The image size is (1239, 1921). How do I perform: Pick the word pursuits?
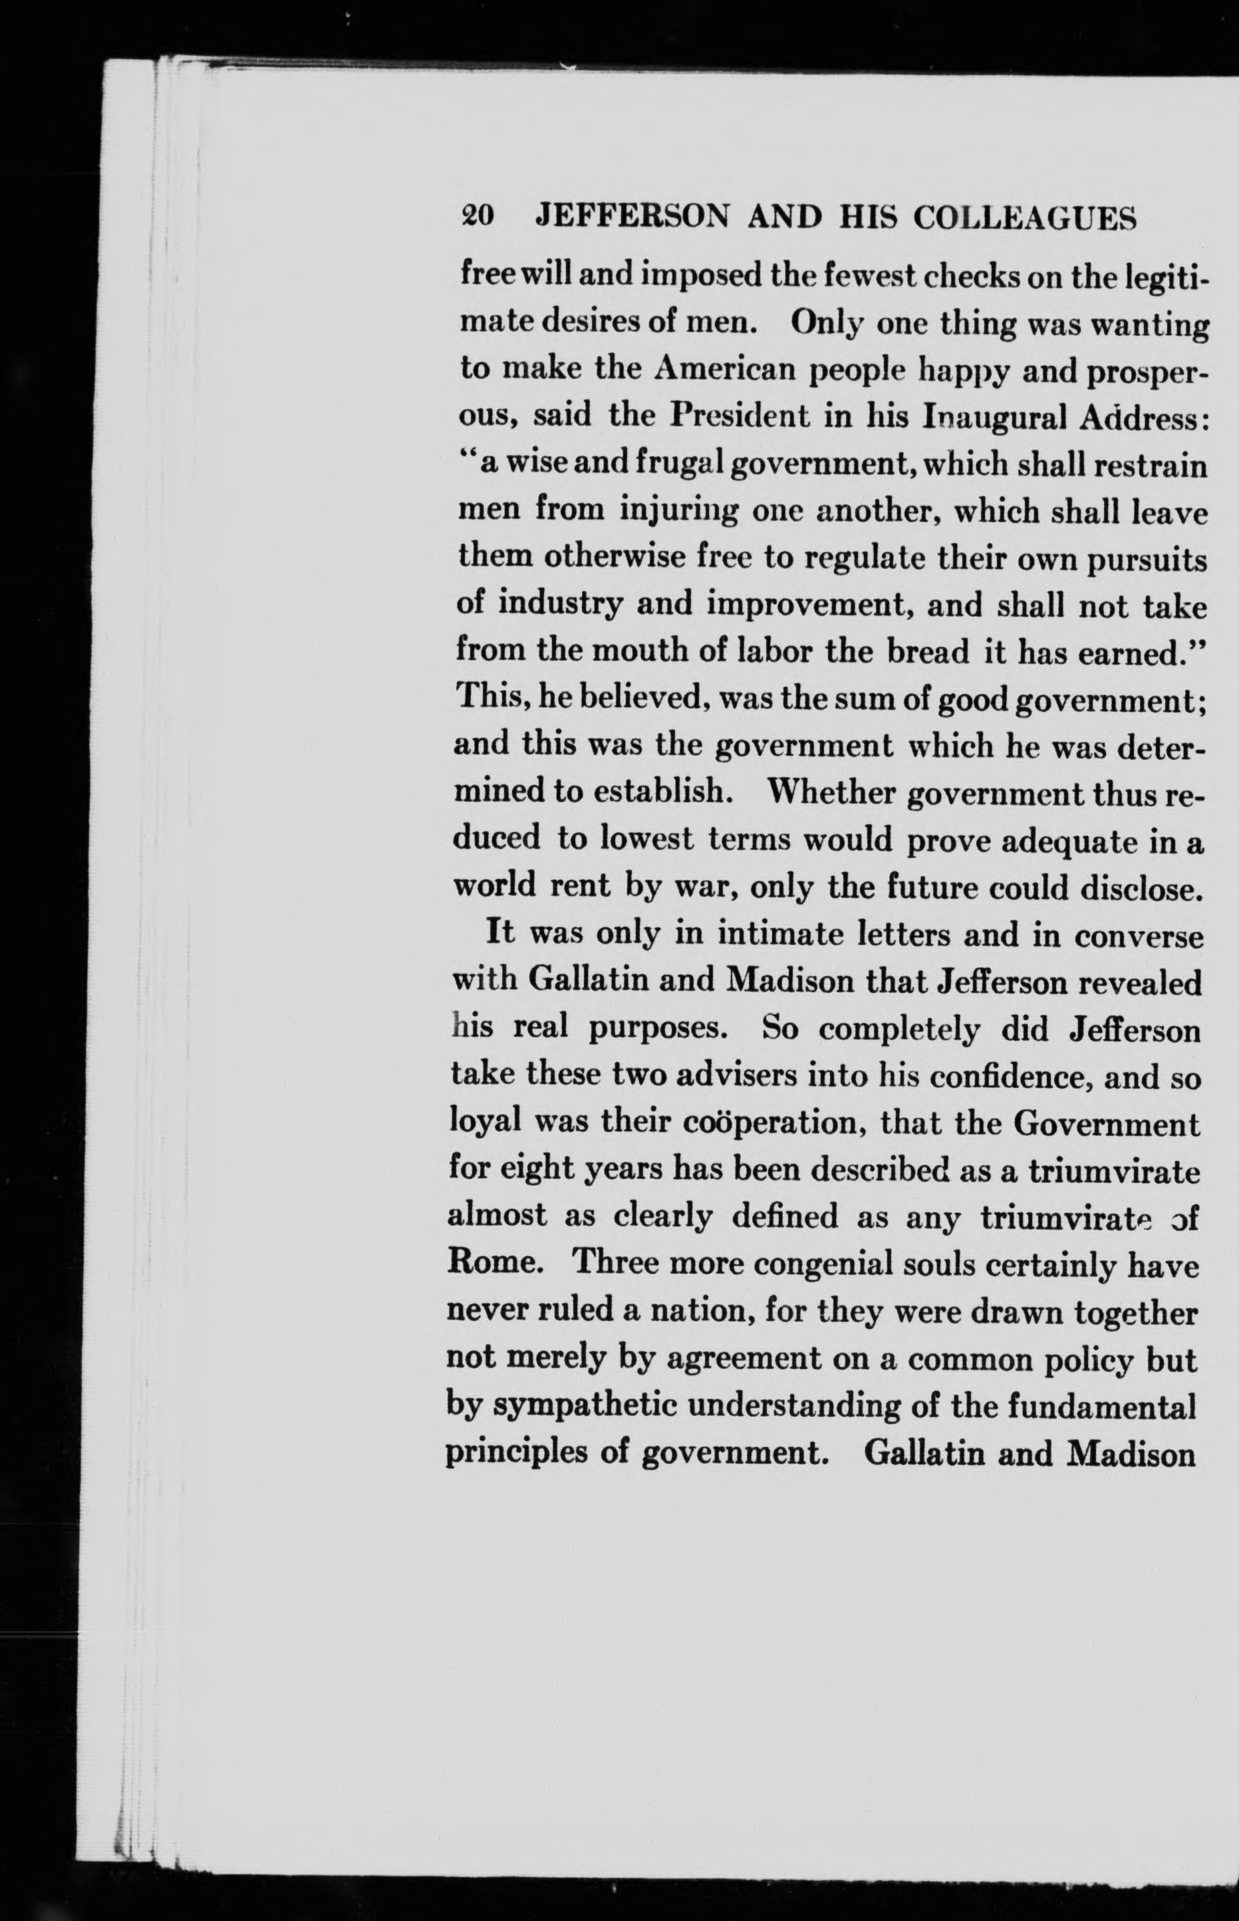1147,559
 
